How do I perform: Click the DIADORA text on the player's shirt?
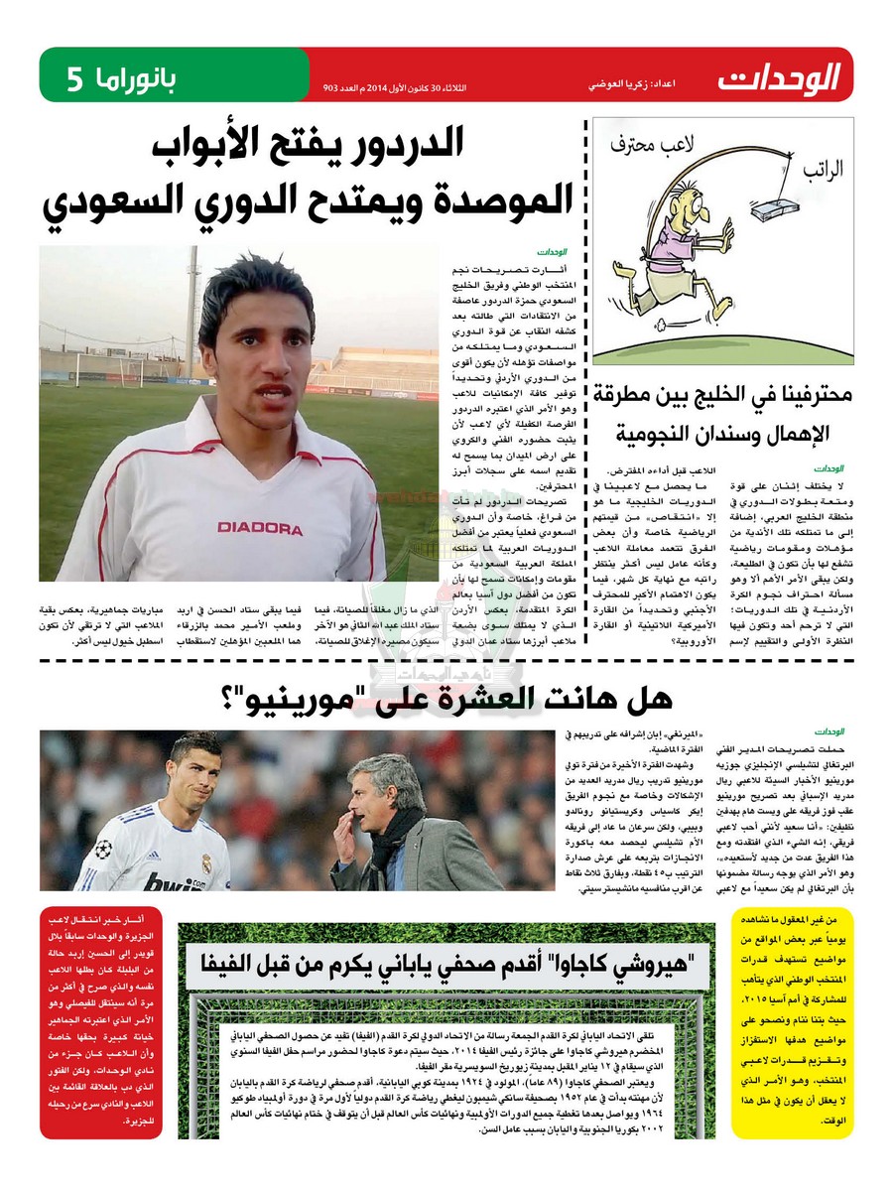[x=260, y=527]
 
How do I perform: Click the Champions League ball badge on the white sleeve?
[x=103, y=850]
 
